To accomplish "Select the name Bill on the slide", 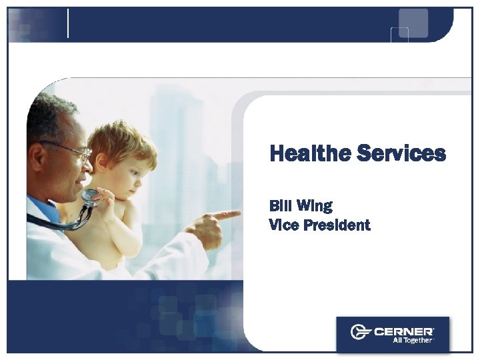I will click(281, 205).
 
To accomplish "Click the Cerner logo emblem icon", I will click(361, 331).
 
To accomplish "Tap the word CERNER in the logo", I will click(404, 331).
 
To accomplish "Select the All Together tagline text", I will click(411, 340).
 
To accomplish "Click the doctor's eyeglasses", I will click(73, 151).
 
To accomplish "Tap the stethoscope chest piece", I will click(89, 197).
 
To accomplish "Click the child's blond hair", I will click(120, 140).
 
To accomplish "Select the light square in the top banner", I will click(413, 23).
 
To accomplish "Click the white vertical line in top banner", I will click(69, 23).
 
